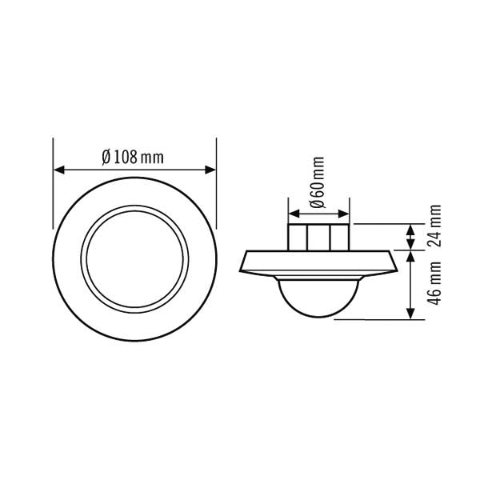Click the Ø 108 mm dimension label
pos(133,158)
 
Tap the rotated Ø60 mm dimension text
pos(317,182)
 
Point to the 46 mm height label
pos(434,283)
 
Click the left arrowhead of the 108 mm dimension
pos(58,170)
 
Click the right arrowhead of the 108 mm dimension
pos(210,170)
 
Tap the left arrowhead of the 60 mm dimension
pos(294,214)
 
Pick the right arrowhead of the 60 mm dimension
pos(343,214)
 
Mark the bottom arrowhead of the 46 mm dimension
pos(410,314)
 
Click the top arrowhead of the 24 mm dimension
pos(410,230)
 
